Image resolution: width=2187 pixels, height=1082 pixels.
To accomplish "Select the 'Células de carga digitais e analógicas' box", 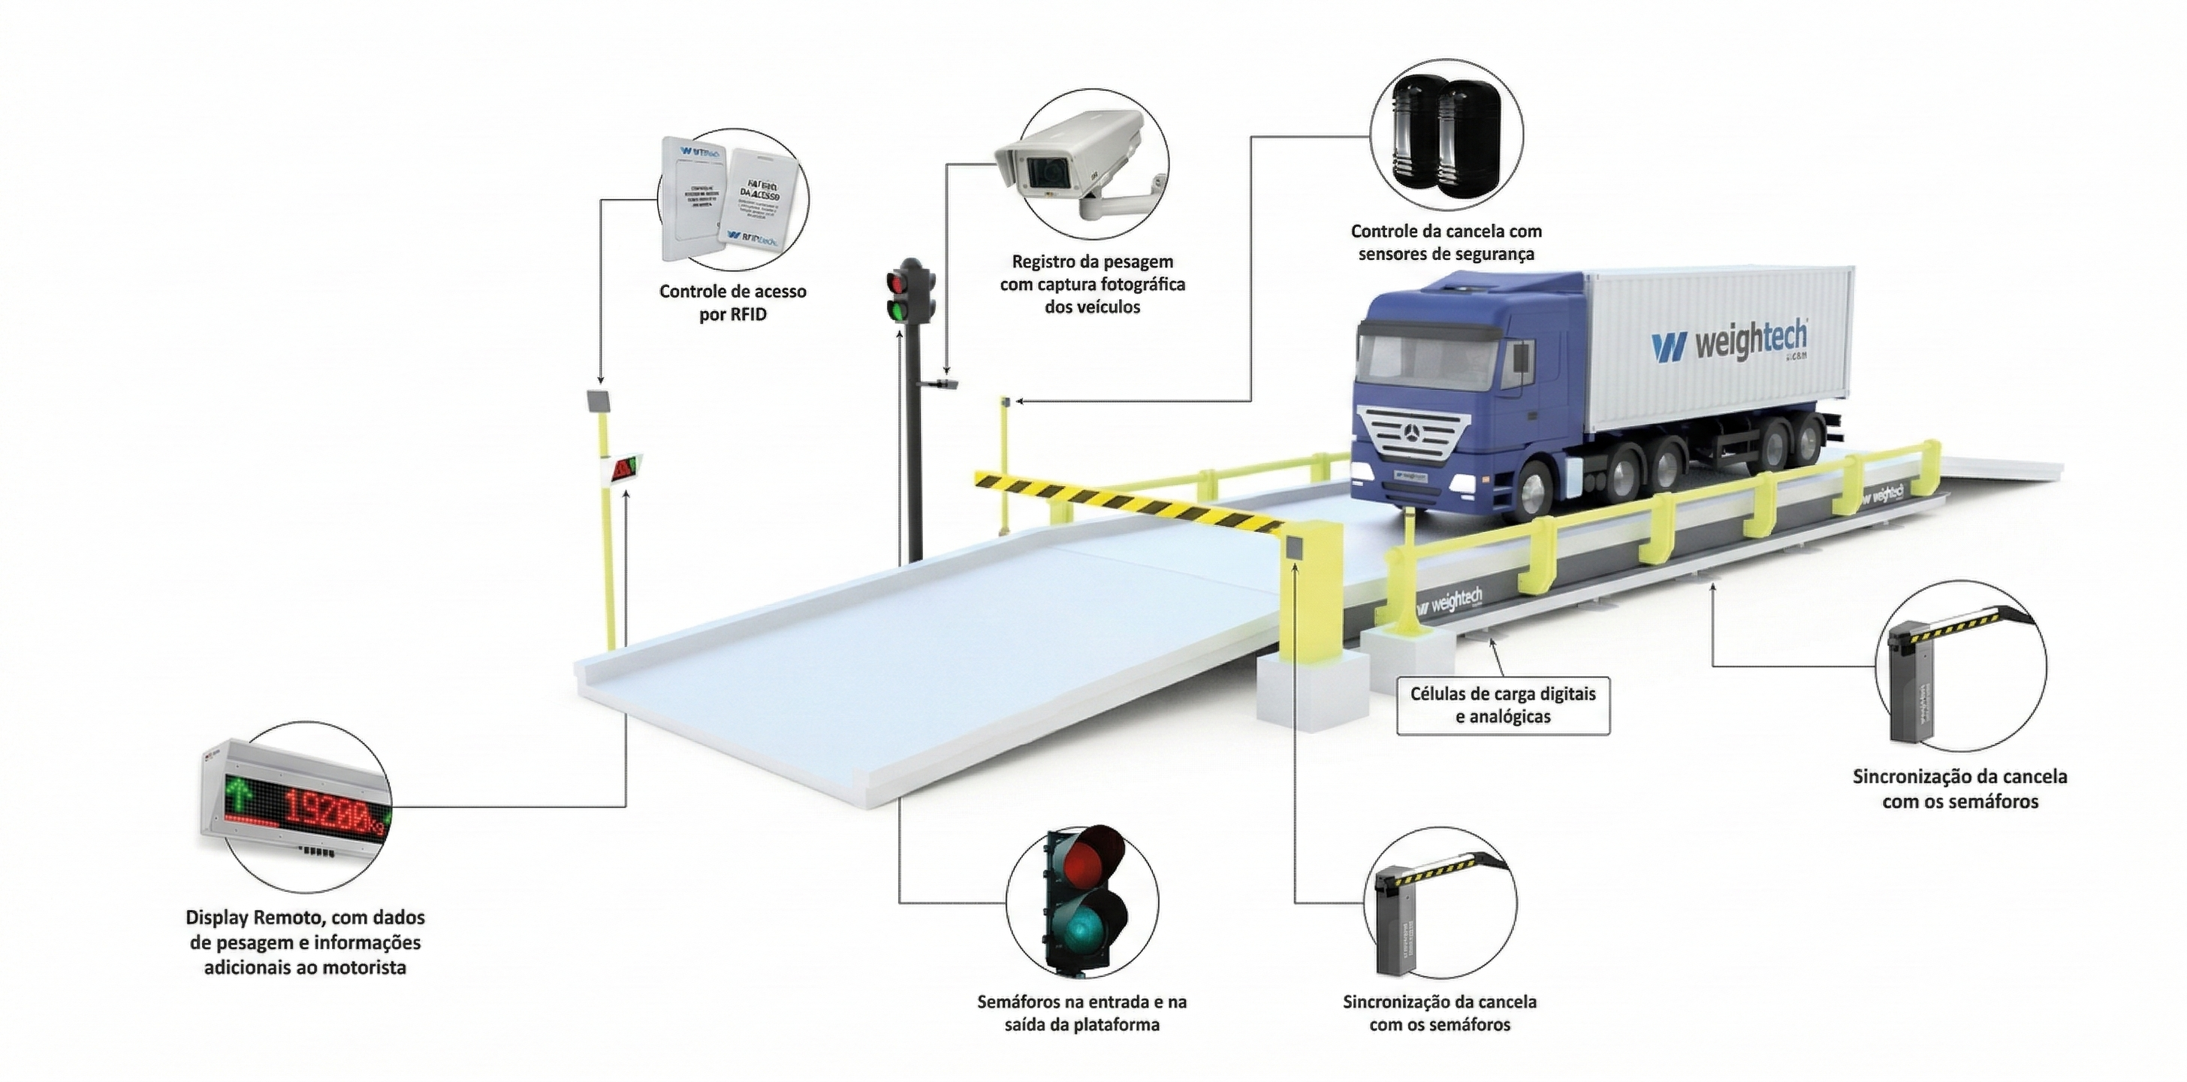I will click(x=1503, y=705).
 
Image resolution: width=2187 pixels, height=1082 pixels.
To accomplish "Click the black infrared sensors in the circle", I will click(x=1446, y=136).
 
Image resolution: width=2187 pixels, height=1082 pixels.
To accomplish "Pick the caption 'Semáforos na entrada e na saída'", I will click(x=1081, y=1012).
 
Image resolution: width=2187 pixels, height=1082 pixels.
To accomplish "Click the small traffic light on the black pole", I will click(x=909, y=292).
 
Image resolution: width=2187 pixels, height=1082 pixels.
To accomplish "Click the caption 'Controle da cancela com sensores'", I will click(x=1446, y=242).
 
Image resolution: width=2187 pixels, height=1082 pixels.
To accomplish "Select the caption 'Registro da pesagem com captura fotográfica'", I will click(x=1092, y=284).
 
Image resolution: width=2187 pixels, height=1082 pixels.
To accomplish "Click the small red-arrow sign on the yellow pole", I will click(x=624, y=468).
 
